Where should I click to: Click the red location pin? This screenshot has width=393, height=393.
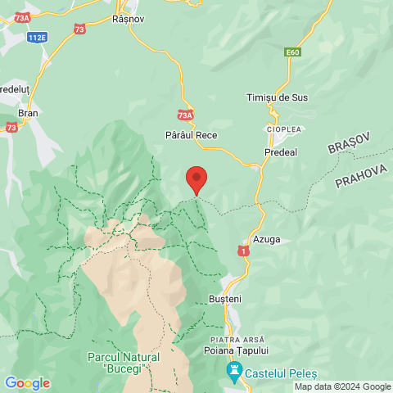tap(196, 178)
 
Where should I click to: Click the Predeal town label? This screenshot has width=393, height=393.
tap(281, 152)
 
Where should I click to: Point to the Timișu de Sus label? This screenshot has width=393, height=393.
tap(277, 97)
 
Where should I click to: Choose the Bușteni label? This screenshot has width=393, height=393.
tap(225, 300)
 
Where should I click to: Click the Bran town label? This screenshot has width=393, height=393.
tap(27, 113)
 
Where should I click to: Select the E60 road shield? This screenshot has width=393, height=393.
tap(294, 52)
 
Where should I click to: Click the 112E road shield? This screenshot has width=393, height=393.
tap(36, 38)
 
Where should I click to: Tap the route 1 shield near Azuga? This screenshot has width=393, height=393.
tap(242, 250)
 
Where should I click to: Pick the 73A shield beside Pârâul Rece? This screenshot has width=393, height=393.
tap(185, 116)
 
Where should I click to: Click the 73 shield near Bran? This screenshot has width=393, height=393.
tap(11, 128)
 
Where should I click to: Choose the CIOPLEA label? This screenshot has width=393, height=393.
tap(284, 129)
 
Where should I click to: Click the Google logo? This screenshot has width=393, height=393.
tap(27, 383)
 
